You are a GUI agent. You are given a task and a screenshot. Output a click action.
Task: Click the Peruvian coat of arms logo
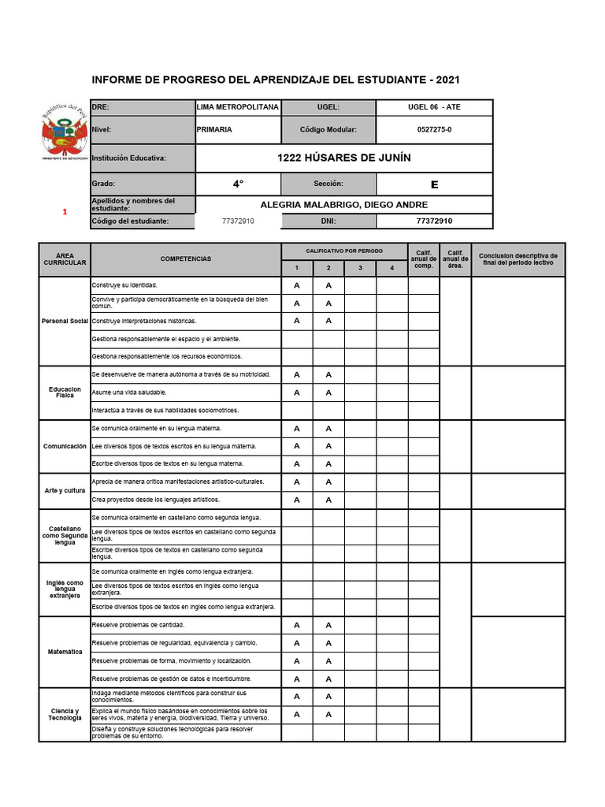[64, 132]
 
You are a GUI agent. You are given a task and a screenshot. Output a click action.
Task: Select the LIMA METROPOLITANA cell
[237, 106]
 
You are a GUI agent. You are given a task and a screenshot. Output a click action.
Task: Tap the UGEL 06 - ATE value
[434, 106]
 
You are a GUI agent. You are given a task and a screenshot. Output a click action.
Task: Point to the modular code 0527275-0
[434, 129]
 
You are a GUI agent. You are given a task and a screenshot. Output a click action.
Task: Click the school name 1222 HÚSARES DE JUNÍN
[343, 158]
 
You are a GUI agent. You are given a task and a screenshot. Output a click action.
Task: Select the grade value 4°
[238, 184]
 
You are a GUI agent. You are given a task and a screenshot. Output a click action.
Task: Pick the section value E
[434, 184]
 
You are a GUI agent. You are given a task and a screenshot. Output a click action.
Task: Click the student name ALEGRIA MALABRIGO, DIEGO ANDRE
[343, 205]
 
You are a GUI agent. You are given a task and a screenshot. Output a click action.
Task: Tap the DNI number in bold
[434, 221]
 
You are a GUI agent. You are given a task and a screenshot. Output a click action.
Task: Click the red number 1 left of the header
[65, 212]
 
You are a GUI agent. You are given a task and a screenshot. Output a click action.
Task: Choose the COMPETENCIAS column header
[186, 258]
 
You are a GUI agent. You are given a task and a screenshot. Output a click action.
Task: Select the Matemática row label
[65, 652]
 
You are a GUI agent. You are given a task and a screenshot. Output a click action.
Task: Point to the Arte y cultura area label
[65, 490]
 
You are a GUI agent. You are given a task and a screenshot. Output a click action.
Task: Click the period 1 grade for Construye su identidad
[297, 285]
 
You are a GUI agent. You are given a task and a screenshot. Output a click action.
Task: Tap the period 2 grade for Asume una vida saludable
[328, 392]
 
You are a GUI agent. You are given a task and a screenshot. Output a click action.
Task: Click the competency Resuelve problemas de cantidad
[139, 625]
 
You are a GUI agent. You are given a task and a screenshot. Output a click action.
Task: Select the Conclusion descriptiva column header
[518, 258]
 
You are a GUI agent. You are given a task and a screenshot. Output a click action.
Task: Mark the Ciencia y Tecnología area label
[65, 714]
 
